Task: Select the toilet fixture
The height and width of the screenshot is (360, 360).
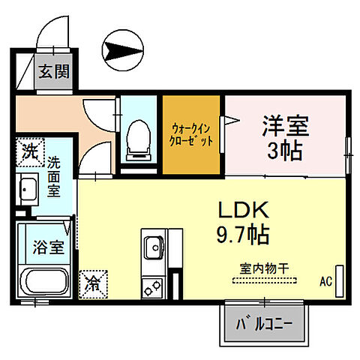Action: coord(138,138)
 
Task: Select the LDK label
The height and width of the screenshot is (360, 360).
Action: coord(243,209)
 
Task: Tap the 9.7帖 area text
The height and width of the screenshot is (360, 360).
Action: coord(243,234)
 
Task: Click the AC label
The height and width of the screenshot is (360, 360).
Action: coord(325,282)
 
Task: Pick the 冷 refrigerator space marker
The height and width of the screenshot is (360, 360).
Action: coord(94,283)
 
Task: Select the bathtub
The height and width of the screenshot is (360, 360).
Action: coord(44,283)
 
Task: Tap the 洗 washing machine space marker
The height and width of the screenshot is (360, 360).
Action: coord(30,149)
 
